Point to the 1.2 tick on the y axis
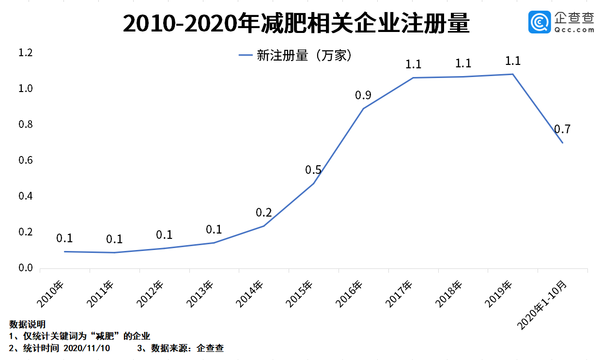click(x=25, y=53)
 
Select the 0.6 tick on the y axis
click(x=25, y=160)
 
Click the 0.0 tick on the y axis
click(x=25, y=268)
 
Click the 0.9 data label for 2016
click(x=363, y=95)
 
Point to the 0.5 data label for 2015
click(x=313, y=170)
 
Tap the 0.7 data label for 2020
click(x=563, y=129)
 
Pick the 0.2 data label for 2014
click(x=263, y=213)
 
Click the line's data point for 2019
click(x=512, y=74)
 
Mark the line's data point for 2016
click(x=363, y=109)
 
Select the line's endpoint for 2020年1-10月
click(x=562, y=142)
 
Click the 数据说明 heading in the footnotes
click(x=27, y=324)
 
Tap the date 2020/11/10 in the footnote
click(x=87, y=348)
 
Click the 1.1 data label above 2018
click(x=463, y=63)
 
